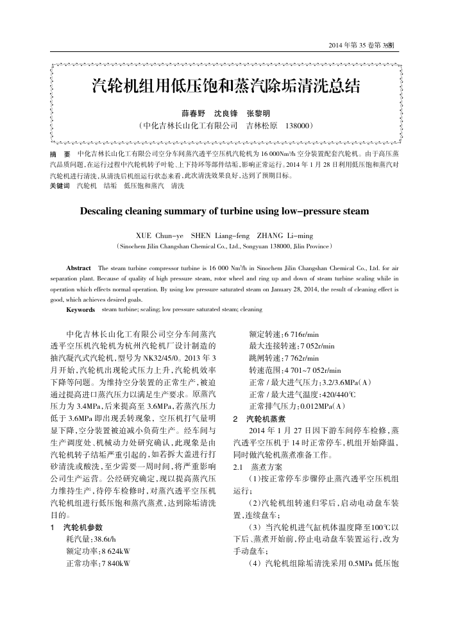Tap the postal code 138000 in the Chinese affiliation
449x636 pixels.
tap(298, 125)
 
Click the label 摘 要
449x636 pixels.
tap(60, 155)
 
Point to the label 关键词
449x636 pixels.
tap(60, 185)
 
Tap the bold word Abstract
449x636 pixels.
tap(79, 267)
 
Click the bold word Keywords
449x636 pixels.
tap(80, 309)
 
